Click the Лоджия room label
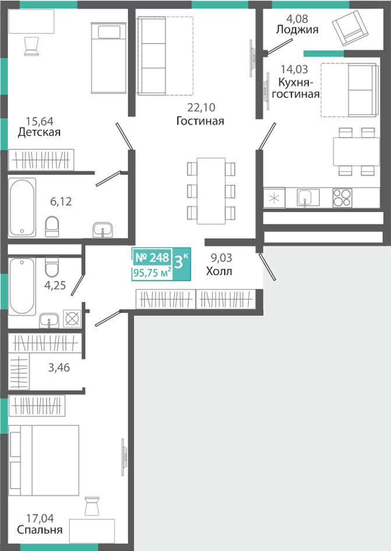point(297,30)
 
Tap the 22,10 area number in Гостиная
point(201,107)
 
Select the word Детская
point(39,132)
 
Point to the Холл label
point(219,271)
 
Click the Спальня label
point(40,529)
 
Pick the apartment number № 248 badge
point(152,257)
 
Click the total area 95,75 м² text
point(153,273)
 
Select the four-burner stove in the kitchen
point(342,197)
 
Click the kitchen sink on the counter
point(308,197)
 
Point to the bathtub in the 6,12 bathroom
point(22,207)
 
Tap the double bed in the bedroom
point(44,460)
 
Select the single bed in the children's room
point(108,58)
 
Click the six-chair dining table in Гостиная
point(211,191)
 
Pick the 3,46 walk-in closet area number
point(59,368)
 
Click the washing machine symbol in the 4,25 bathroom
point(72,319)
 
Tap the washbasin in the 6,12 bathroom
point(103,230)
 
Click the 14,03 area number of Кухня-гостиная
point(294,69)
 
